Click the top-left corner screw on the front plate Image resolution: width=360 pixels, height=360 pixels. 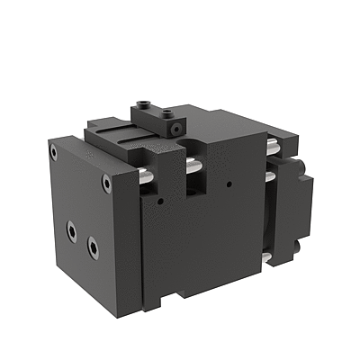click(x=54, y=153)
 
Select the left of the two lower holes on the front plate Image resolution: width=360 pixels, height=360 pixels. click(x=71, y=230)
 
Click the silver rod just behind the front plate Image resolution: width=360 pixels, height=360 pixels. click(x=145, y=178)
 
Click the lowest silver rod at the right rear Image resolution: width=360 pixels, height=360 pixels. click(x=266, y=260)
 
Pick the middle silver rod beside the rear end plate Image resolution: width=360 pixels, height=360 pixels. click(x=269, y=176)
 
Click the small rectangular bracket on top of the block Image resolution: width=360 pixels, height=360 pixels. click(x=157, y=114)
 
